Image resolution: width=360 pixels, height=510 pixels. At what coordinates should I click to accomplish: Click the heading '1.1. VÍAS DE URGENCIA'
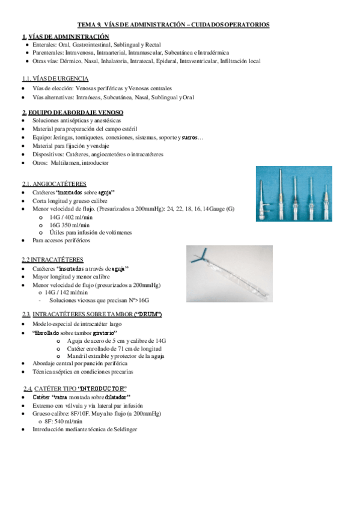(55, 78)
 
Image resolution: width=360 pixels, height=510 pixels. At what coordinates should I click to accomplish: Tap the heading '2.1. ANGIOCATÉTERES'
(54, 183)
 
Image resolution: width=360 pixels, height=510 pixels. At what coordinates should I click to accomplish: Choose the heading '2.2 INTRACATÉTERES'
(53, 259)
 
